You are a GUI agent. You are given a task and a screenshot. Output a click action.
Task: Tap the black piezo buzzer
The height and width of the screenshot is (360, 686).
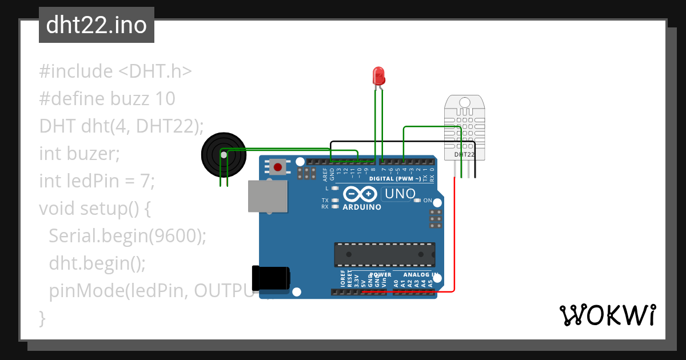[222, 154]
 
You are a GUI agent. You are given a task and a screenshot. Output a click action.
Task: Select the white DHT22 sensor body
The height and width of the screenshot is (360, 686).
[465, 127]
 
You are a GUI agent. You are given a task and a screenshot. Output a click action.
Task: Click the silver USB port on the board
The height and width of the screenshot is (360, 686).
[268, 197]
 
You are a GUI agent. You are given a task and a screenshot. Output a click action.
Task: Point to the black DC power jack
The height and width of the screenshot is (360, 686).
[272, 280]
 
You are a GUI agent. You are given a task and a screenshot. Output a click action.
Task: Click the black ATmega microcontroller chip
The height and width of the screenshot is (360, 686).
[384, 254]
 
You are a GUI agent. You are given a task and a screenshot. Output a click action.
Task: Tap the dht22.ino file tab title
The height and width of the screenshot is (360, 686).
[96, 25]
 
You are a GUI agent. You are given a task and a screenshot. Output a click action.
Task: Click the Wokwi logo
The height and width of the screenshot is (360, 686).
[608, 315]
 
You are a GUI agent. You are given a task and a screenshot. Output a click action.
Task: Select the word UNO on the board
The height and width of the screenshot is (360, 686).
[400, 194]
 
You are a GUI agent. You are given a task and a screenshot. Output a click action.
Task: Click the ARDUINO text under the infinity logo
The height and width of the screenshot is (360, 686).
[362, 207]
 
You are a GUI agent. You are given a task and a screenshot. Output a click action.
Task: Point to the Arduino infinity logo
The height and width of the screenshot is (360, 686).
[361, 194]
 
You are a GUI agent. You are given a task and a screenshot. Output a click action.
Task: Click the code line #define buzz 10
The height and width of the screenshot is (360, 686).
[107, 99]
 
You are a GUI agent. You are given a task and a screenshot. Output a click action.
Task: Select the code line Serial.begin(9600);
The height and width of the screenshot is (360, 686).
[127, 236]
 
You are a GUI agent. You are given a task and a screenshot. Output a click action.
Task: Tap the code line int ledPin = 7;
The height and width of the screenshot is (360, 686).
[97, 181]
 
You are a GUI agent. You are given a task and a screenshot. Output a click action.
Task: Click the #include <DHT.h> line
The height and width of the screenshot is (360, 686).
[115, 71]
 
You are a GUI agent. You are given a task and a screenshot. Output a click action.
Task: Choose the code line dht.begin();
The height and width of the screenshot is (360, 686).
[97, 263]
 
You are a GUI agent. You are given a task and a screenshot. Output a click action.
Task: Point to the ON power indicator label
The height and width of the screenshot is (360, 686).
[427, 200]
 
